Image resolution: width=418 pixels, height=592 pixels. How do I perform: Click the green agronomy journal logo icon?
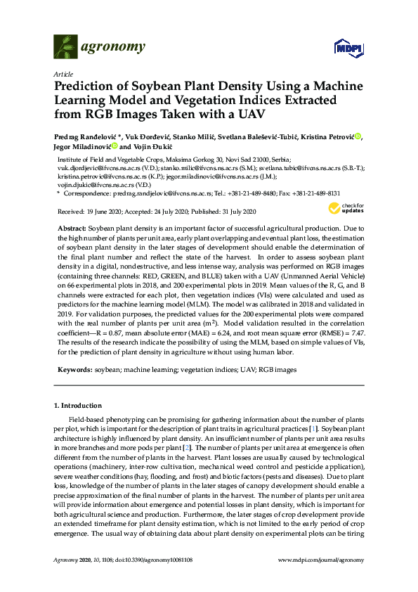pos(66,46)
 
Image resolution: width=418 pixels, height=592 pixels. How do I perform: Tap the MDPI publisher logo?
pos(348,48)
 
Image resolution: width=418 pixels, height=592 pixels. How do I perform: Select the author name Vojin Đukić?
pos(152,148)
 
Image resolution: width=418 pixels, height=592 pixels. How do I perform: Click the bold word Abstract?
pos(72,229)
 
